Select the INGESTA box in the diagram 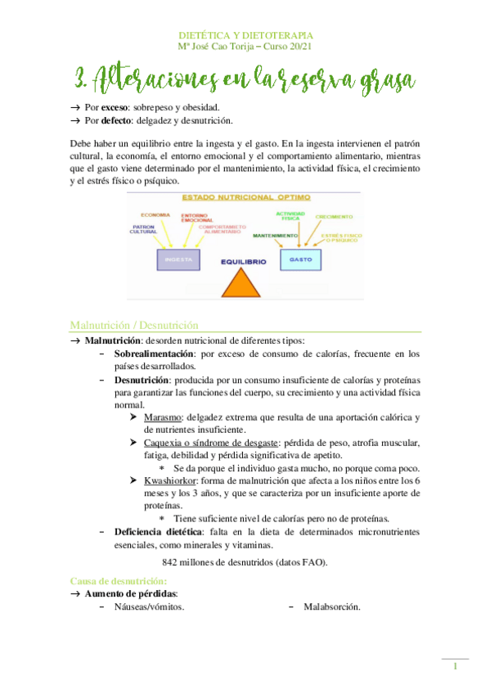point(178,259)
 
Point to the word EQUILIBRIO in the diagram point(242,263)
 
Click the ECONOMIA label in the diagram point(155,214)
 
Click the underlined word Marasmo point(162,417)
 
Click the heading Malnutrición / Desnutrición point(134,324)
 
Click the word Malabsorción point(331,606)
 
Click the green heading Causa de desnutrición point(119,579)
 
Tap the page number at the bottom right point(455,668)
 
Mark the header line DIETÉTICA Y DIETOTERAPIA point(245,35)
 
